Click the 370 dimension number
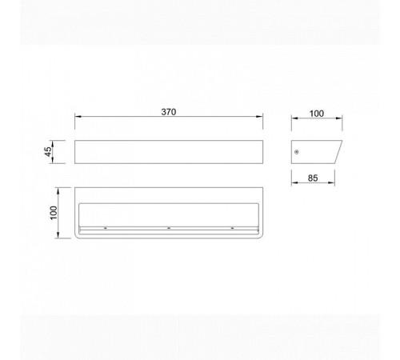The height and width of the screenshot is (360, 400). pyautogui.click(x=169, y=112)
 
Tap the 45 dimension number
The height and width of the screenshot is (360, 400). pyautogui.click(x=48, y=152)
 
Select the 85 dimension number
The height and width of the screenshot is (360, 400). pyautogui.click(x=313, y=178)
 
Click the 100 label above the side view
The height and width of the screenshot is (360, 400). pyautogui.click(x=317, y=114)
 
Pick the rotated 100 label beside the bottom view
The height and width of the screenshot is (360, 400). pyautogui.click(x=54, y=213)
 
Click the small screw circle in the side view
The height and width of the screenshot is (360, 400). pyautogui.click(x=297, y=152)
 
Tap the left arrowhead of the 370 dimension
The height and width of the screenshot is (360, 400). pyautogui.click(x=78, y=116)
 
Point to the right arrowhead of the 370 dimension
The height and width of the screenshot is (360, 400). pyautogui.click(x=259, y=116)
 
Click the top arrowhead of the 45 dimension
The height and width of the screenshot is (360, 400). pyautogui.click(x=53, y=144)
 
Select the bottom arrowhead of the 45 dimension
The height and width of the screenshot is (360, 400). pyautogui.click(x=53, y=160)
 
